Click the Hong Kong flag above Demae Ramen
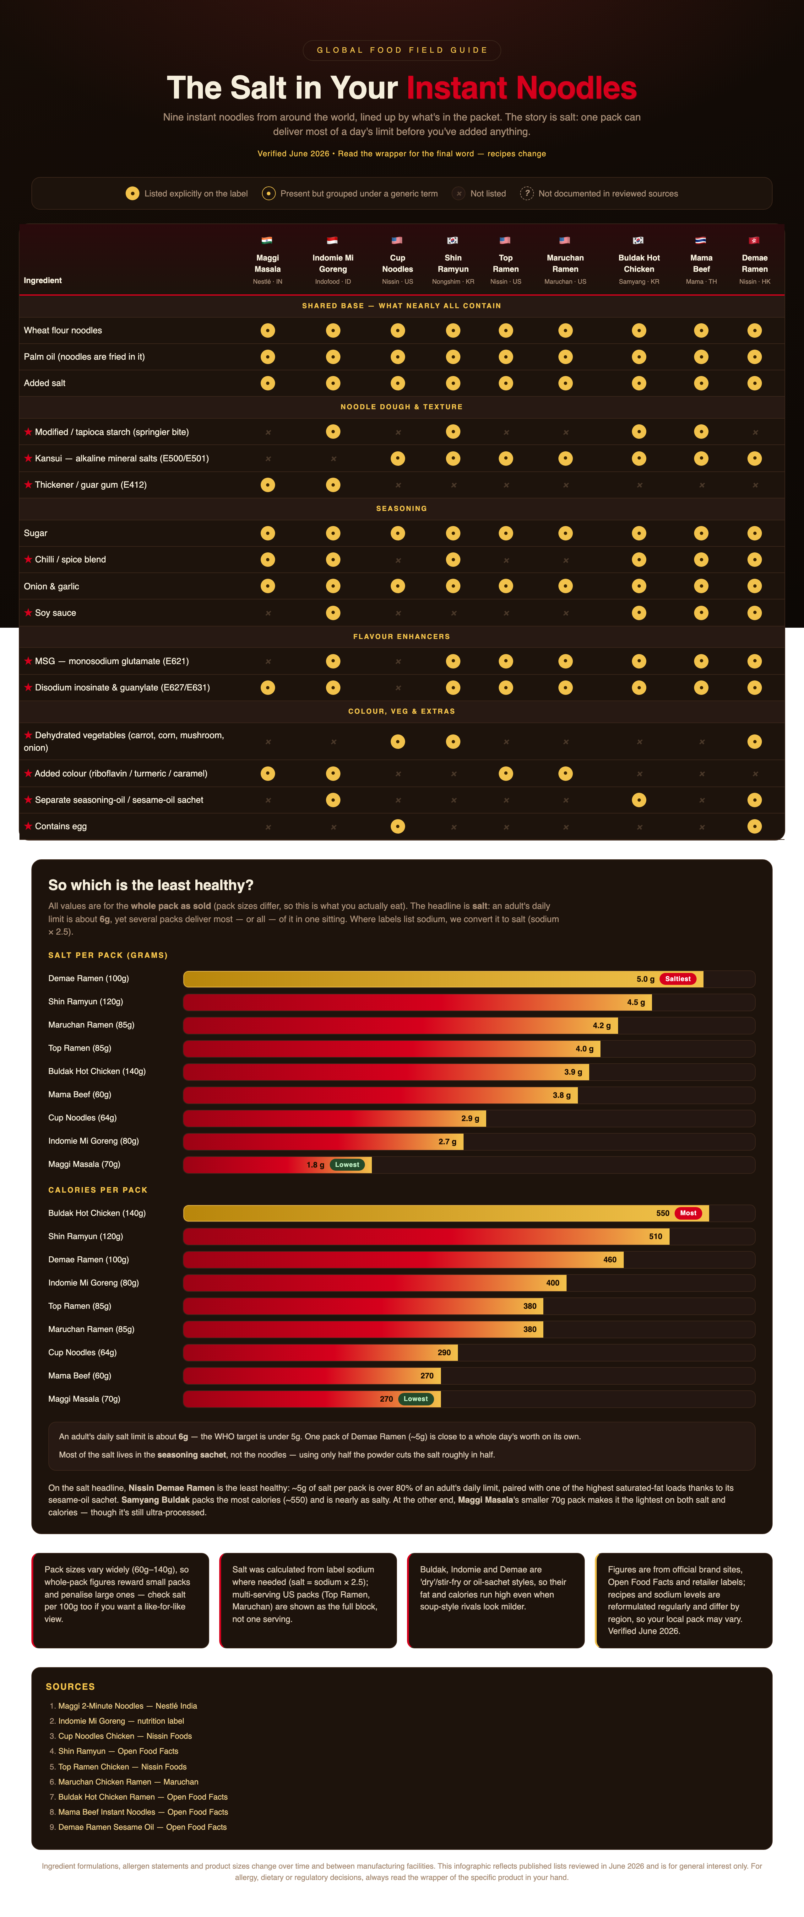(x=754, y=240)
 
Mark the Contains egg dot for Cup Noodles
(x=398, y=826)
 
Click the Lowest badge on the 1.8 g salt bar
(x=347, y=1165)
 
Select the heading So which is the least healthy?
(x=150, y=885)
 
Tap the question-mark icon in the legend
(x=526, y=193)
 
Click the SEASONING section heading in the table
(x=401, y=508)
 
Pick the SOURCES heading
(x=70, y=1686)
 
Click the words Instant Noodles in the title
(x=521, y=88)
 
